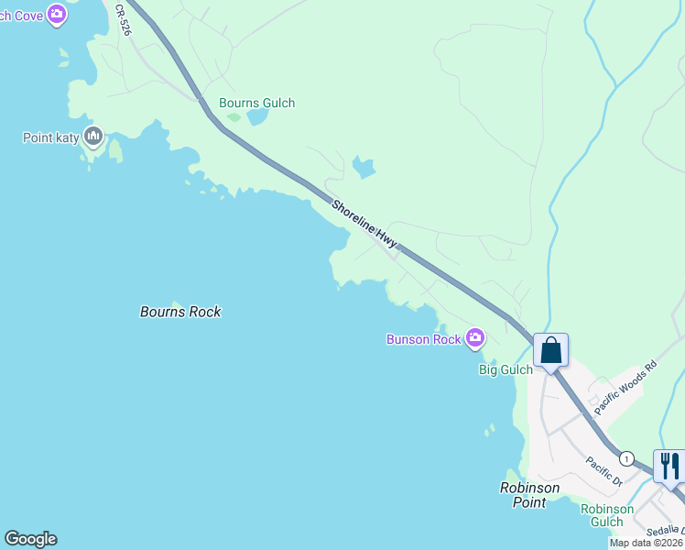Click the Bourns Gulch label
coord(256,103)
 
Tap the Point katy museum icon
coord(92,137)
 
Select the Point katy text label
coord(49,137)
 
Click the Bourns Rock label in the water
coord(180,312)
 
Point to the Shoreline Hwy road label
coord(364,224)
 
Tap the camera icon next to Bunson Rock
coord(474,339)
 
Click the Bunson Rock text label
coord(423,339)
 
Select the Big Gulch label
coord(506,369)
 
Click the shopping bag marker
coord(550,350)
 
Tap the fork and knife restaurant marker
coord(669,466)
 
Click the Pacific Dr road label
coord(604,471)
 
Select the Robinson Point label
coord(529,495)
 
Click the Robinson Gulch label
coord(607,515)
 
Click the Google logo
coord(30,539)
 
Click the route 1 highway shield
coord(626,457)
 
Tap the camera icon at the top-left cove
coord(57,13)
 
